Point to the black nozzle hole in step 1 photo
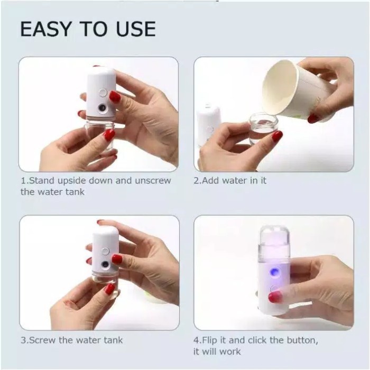pyautogui.click(x=100, y=112)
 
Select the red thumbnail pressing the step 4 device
pyautogui.click(x=274, y=297)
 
